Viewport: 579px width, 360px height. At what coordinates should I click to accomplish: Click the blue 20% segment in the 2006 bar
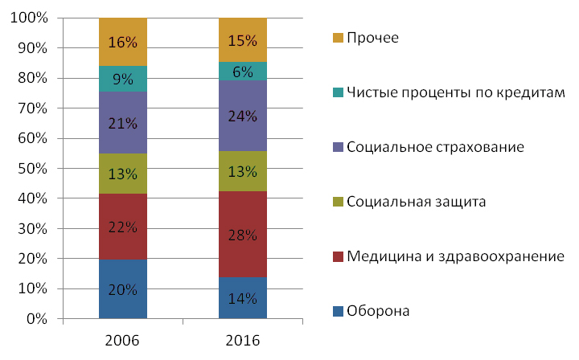tap(123, 289)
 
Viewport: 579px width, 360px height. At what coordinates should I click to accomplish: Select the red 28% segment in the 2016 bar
tap(242, 234)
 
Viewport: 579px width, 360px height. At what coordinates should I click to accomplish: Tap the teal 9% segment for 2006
tap(123, 79)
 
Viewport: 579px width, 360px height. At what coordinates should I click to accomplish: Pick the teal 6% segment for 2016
tap(242, 71)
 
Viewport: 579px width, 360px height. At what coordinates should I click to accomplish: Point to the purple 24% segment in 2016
tap(242, 116)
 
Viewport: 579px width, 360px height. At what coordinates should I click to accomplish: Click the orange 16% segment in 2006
tap(123, 42)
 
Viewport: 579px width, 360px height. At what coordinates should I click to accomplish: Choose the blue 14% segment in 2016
tap(242, 298)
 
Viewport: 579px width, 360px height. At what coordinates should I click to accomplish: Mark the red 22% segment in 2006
tap(123, 227)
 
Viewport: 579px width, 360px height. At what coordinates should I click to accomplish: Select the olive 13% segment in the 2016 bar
tap(242, 171)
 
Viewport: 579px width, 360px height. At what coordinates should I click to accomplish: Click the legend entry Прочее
tap(372, 38)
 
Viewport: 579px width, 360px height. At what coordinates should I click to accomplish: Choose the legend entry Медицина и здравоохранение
tap(455, 256)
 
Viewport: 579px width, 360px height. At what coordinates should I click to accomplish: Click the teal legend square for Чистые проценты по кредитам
tap(337, 92)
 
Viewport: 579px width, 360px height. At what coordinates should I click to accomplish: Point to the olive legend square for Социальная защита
tap(337, 202)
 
